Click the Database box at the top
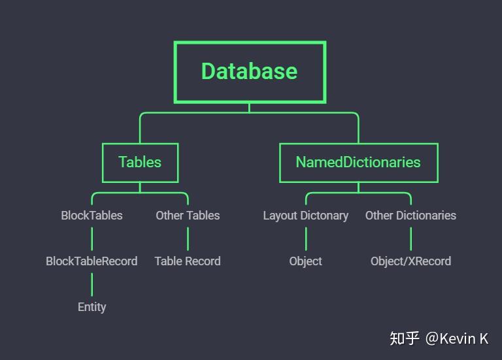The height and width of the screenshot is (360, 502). coord(250,72)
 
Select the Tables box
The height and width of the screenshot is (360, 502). coord(140,163)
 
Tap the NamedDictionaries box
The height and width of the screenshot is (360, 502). coord(358,163)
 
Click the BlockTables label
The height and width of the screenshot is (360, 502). coord(92,216)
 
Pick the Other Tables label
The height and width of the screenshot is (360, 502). coord(188,216)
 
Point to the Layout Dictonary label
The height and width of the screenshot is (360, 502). coord(305,216)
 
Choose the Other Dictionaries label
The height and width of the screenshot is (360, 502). coord(410,216)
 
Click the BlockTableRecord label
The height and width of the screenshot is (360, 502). coord(92,261)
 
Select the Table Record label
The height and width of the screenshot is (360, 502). coord(188,261)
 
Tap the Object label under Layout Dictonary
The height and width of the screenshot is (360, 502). coord(305,261)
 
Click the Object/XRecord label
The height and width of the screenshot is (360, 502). coord(410,261)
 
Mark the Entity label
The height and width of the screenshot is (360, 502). coord(92,307)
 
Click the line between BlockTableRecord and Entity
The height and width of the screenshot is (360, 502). coord(92,284)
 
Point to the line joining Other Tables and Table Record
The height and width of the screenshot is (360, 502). coord(188,238)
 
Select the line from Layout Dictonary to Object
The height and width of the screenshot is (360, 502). coord(305,238)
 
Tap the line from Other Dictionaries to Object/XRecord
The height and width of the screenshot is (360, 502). coord(410,238)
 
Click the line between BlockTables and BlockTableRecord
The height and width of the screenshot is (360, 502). coord(92,238)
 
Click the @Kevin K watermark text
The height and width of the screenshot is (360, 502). coord(457,338)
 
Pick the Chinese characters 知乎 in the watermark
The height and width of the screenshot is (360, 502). coord(405,338)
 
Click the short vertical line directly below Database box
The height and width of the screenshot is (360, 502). coord(249,108)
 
